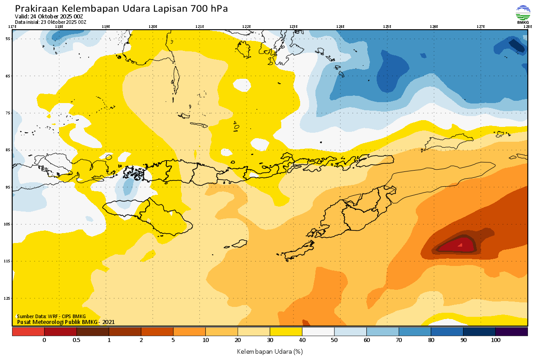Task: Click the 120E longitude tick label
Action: pos(153,27)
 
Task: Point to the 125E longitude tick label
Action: pos(387,27)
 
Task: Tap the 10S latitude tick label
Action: pos(8,224)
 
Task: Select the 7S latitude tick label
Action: pos(8,113)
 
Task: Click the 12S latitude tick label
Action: pos(8,298)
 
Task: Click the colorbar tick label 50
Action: pos(334,340)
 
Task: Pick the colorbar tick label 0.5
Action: pos(76,340)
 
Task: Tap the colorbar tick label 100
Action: pos(495,340)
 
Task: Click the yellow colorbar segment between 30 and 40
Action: pos(286,332)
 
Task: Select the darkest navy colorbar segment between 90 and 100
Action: pos(479,332)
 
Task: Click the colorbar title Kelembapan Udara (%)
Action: pos(270,351)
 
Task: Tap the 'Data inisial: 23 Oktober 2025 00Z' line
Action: pos(50,22)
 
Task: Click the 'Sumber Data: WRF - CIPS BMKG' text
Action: pos(51,316)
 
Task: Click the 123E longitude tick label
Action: pos(293,27)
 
